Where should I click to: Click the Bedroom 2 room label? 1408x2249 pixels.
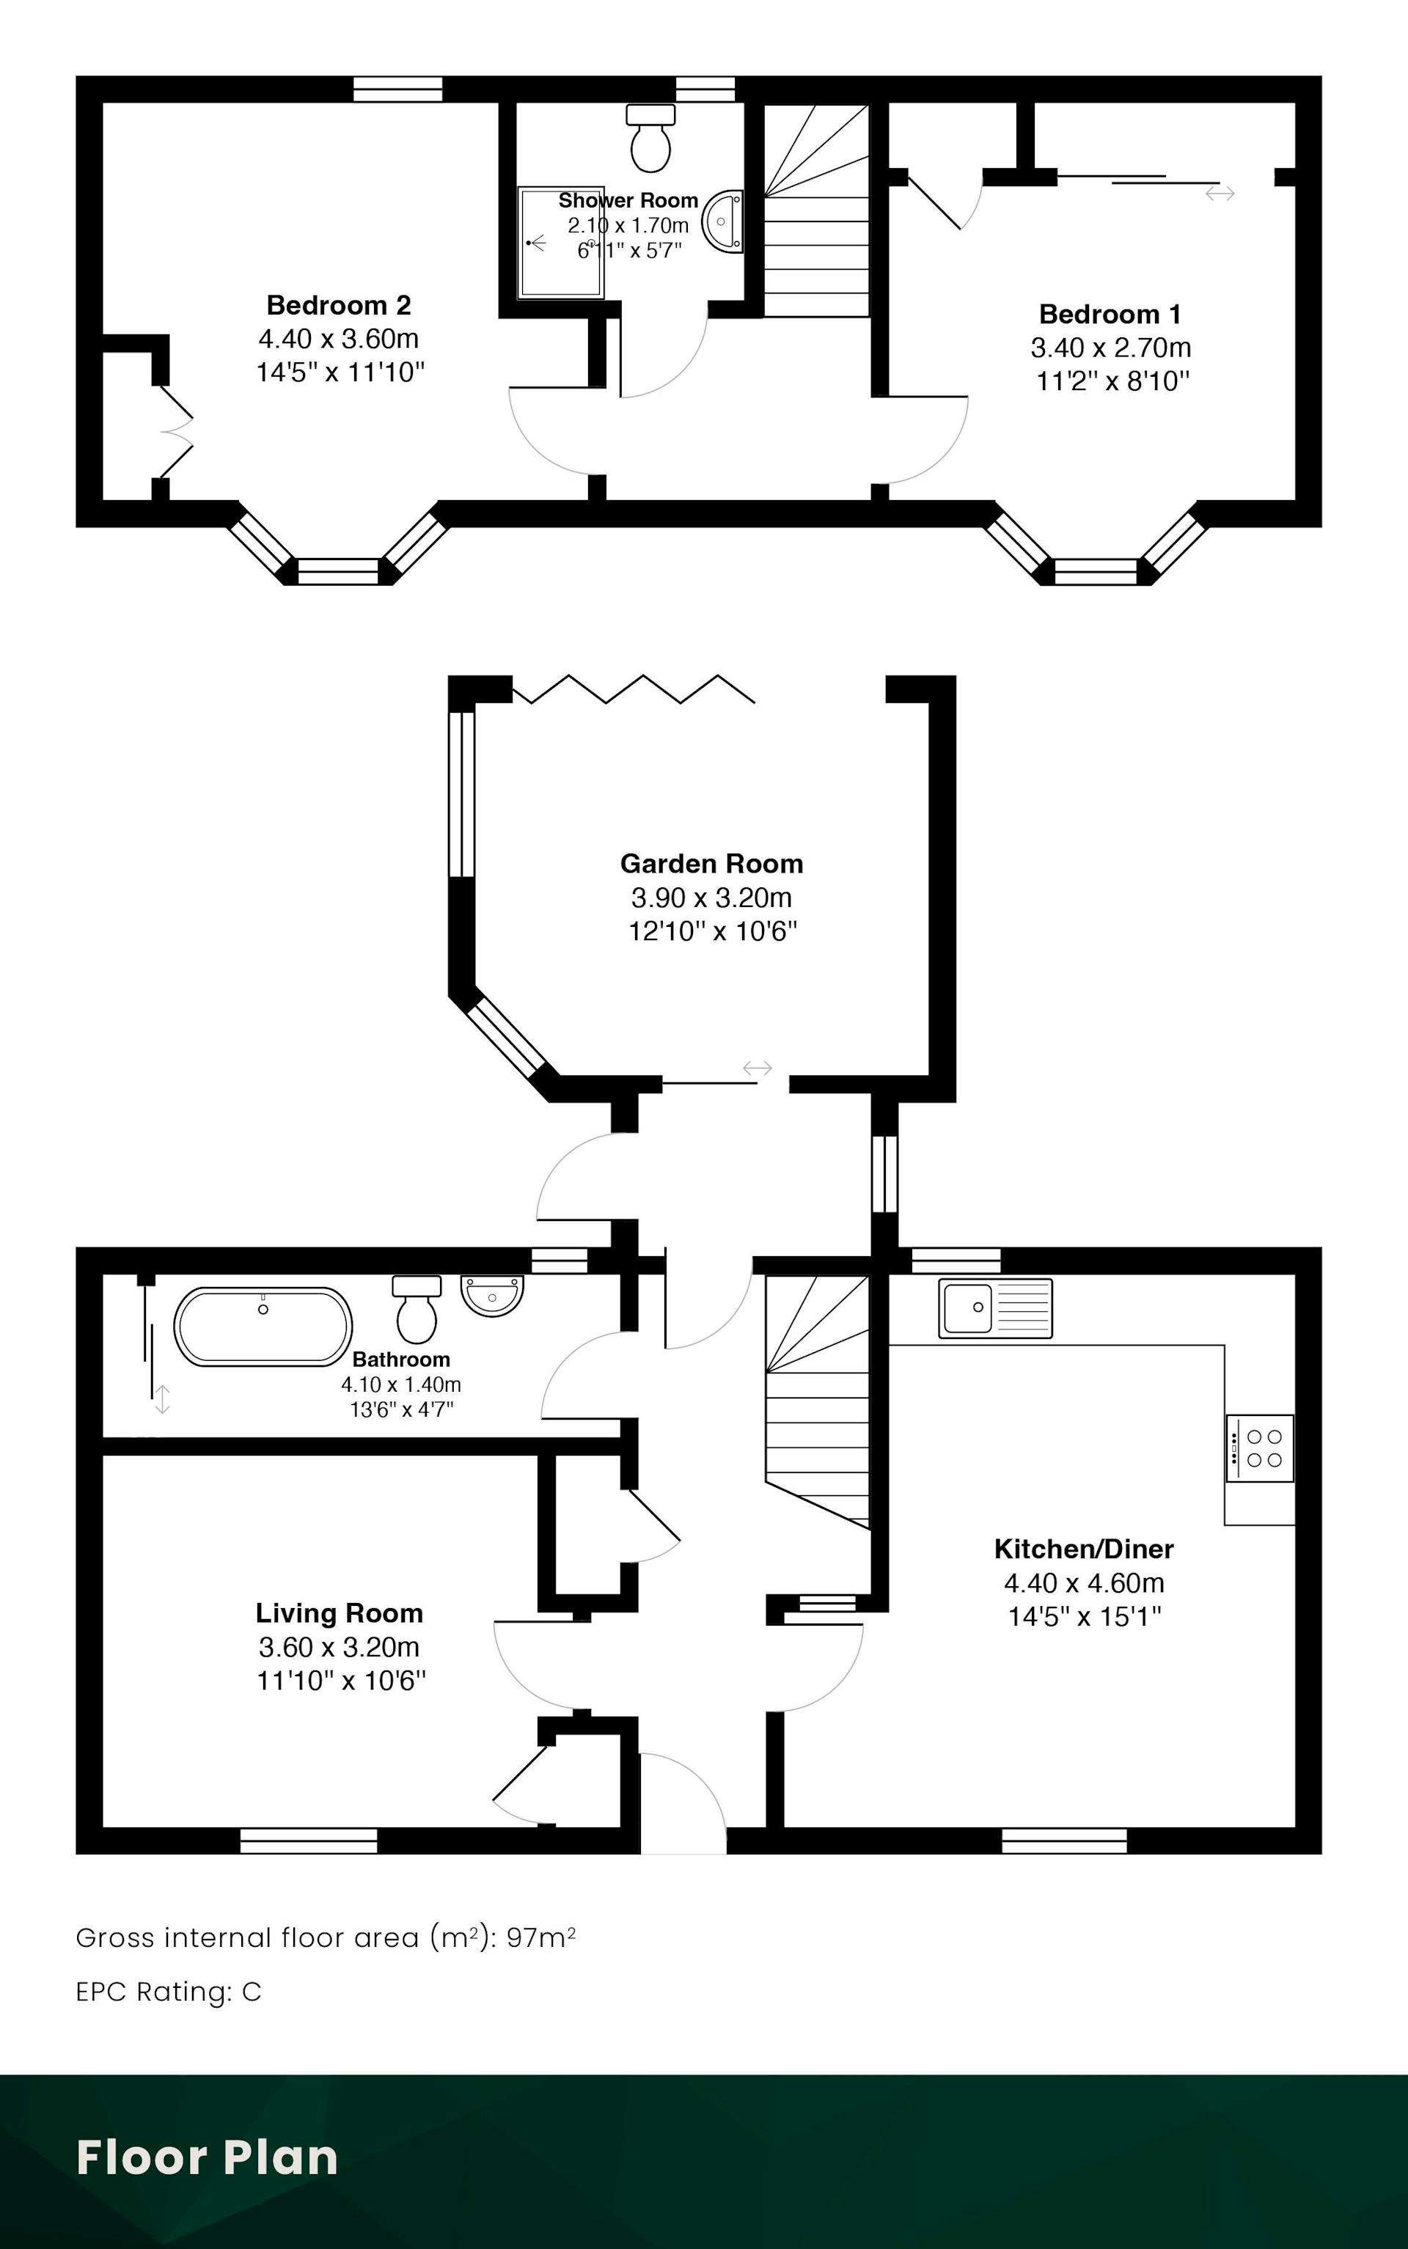[339, 305]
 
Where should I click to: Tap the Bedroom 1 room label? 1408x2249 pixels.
[1110, 314]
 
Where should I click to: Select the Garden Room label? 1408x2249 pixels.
[711, 864]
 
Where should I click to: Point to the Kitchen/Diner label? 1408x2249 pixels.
[1084, 1549]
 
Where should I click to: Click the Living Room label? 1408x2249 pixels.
[339, 1613]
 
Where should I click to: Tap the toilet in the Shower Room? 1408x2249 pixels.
[651, 138]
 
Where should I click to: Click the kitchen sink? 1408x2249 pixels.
[995, 1308]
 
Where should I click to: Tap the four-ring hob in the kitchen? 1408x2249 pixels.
[1260, 1448]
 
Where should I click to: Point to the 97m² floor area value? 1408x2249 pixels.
[541, 1938]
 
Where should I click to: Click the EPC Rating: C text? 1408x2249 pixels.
[169, 1992]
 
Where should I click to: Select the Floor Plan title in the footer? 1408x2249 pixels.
[207, 2158]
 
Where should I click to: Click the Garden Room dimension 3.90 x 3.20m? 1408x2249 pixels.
[711, 898]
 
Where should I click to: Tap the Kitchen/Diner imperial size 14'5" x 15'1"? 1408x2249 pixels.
[1085, 1616]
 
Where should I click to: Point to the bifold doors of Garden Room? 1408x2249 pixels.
[633, 688]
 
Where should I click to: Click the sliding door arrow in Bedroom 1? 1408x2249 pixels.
[1220, 194]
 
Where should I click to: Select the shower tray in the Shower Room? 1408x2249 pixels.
[562, 242]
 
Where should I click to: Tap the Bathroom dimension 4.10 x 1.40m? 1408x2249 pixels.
[401, 1385]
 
